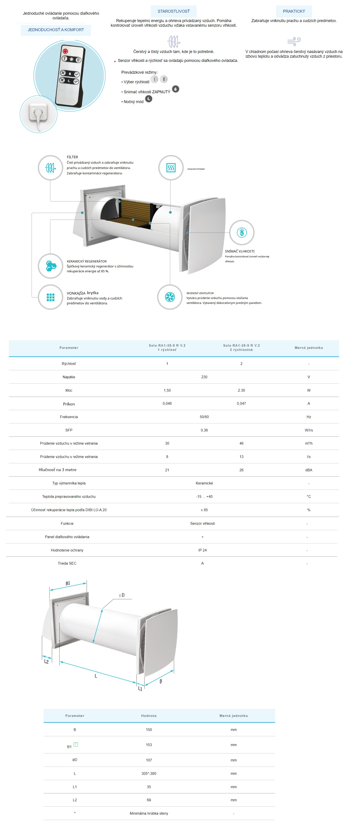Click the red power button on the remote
click(x=65, y=51)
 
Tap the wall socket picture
click(x=38, y=114)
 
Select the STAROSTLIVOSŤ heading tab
click(x=174, y=11)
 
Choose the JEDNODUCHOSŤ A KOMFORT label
click(x=56, y=30)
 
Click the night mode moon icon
click(x=149, y=99)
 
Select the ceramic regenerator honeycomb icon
click(x=50, y=266)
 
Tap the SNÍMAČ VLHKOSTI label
click(x=239, y=251)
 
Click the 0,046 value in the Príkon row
click(x=167, y=403)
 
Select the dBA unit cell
click(x=309, y=470)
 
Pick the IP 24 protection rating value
click(x=202, y=550)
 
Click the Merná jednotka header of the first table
click(x=309, y=348)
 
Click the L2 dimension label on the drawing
click(x=46, y=661)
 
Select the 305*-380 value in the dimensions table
click(x=149, y=773)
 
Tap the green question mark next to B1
click(x=76, y=744)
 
